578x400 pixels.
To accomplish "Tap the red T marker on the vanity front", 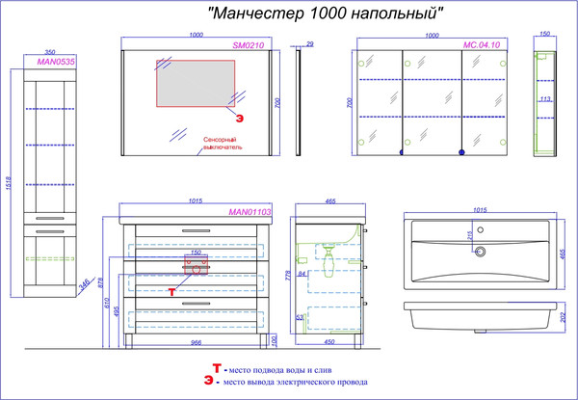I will click(x=172, y=289).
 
